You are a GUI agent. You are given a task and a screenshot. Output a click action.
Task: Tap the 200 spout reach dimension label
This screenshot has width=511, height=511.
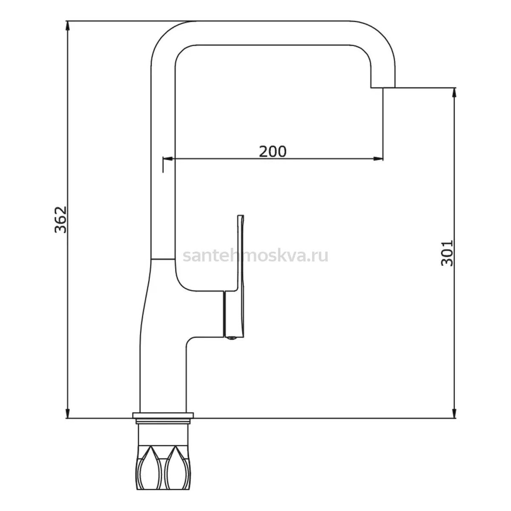point(273,152)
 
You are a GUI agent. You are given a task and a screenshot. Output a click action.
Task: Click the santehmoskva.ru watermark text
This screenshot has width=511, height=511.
point(255,256)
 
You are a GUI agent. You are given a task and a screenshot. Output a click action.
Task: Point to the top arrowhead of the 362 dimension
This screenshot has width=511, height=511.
point(68,26)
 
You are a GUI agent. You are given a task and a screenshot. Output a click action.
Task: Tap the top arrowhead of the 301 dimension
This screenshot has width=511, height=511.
point(454,93)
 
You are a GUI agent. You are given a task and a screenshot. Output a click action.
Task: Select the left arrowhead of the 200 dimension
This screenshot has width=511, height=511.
point(168,159)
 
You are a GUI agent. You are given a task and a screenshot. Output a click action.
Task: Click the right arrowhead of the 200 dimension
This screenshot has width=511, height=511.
point(378,159)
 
